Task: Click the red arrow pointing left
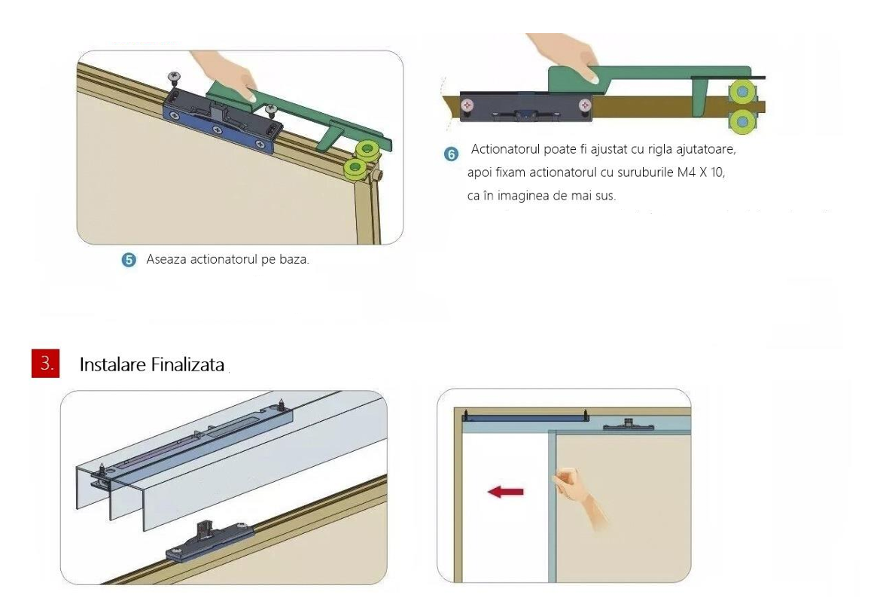pos(505,492)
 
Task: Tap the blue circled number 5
pos(129,260)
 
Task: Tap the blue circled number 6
pos(451,154)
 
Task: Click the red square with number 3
pos(45,363)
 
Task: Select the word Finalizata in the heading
pos(188,365)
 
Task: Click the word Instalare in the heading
pos(112,365)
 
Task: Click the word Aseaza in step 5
pos(166,259)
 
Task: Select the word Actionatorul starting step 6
pos(504,149)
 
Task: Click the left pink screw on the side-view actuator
pos(467,105)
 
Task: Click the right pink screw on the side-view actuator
pos(585,105)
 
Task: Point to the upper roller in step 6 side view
pos(743,90)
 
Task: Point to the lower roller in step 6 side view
pos(743,120)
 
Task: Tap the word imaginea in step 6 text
pos(523,196)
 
